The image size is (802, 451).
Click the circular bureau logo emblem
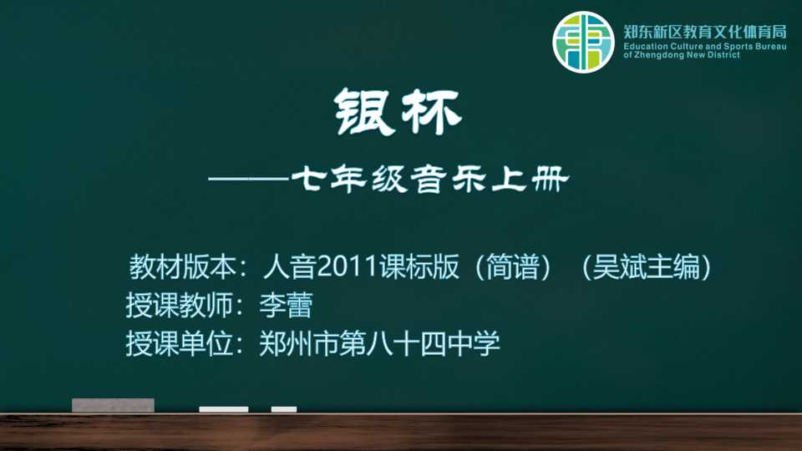(583, 42)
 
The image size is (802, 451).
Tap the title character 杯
(431, 112)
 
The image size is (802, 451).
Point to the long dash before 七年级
(249, 179)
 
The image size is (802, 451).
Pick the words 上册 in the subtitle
(530, 180)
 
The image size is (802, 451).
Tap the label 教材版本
(181, 267)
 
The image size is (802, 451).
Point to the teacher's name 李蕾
(286, 306)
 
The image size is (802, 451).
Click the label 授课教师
(180, 306)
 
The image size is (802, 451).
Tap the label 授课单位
(180, 343)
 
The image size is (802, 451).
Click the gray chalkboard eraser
(113, 405)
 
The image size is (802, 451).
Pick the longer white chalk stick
(224, 409)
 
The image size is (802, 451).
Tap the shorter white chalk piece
(284, 409)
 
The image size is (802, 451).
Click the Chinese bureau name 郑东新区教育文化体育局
(705, 33)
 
